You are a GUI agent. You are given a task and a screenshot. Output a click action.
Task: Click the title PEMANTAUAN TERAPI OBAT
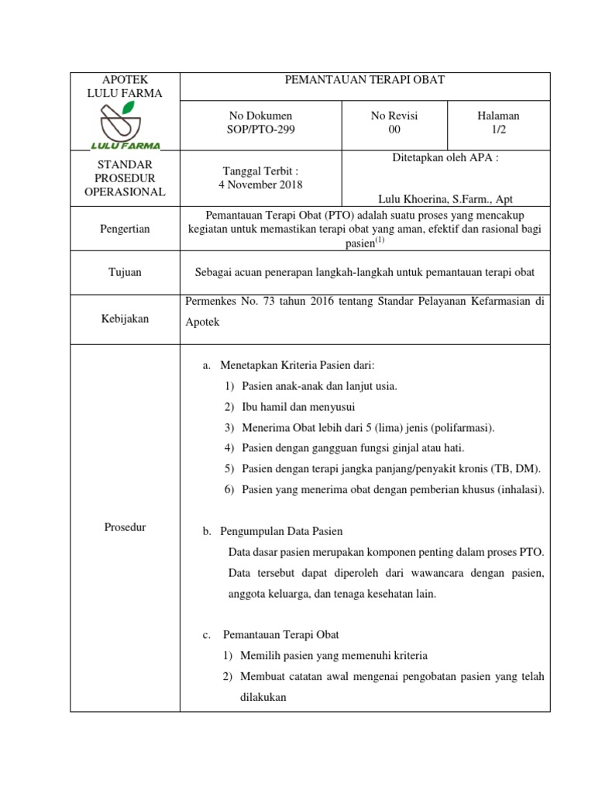tap(365, 81)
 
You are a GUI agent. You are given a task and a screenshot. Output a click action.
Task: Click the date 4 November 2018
tap(260, 185)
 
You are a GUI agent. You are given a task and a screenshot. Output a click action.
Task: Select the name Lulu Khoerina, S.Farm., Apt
tap(445, 199)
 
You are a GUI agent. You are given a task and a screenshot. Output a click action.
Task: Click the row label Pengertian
tap(125, 230)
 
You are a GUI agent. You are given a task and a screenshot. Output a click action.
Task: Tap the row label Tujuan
tap(125, 272)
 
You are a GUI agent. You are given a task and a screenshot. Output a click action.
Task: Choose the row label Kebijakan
tap(125, 319)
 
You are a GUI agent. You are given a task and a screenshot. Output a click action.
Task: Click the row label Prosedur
tap(125, 527)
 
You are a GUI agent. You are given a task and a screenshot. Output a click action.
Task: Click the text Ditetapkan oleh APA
tap(445, 157)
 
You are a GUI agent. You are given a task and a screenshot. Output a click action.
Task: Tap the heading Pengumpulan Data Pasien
tap(281, 532)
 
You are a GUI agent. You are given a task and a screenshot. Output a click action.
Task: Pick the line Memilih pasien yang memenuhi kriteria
tap(334, 655)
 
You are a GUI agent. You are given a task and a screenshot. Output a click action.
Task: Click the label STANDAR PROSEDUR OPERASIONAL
tap(125, 178)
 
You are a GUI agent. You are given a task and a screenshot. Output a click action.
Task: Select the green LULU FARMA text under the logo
tap(126, 144)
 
